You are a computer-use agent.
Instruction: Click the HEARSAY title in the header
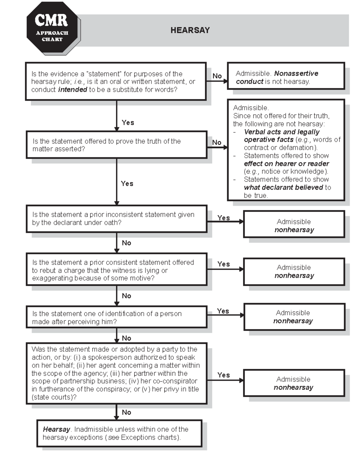pos(190,30)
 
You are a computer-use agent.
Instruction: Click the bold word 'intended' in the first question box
pos(73,90)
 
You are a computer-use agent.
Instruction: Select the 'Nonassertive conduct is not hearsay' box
pos(286,76)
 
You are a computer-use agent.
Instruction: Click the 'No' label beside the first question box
pos(217,76)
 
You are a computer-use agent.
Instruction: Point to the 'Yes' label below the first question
pos(128,122)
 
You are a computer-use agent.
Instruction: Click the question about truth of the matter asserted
pos(116,145)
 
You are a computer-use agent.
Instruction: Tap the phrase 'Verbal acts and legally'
pos(281,132)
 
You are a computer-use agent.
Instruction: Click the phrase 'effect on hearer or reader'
pos(286,164)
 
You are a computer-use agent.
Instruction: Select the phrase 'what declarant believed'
pos(283,188)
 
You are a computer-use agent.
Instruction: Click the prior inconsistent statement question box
pos(116,218)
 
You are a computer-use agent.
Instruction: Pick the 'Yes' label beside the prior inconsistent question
pos(223,218)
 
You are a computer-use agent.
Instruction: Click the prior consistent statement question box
pos(116,270)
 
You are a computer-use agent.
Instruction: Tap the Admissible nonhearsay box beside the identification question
pos(294,317)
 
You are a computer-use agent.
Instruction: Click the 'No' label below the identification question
pos(126,338)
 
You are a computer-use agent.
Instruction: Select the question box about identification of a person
pos(116,317)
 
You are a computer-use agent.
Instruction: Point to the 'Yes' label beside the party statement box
pos(223,375)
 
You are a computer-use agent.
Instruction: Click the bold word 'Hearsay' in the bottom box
pos(56,429)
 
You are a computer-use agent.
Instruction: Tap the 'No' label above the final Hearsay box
pos(126,412)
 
